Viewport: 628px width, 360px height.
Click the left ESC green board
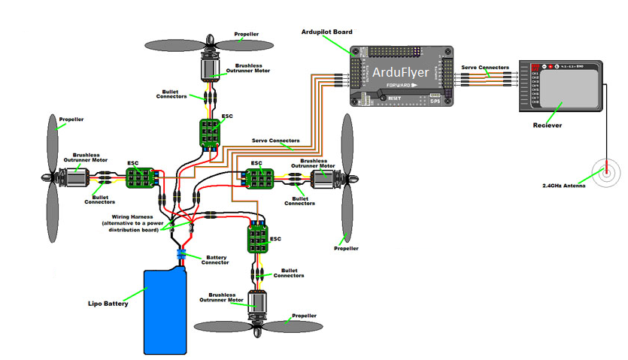click(x=140, y=179)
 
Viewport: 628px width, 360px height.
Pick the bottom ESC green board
click(x=259, y=239)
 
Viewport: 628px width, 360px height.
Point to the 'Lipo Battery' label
click(x=108, y=304)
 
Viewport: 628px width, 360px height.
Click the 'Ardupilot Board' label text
click(x=327, y=32)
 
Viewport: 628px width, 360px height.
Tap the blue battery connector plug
click(x=181, y=256)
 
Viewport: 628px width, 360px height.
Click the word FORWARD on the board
click(x=399, y=86)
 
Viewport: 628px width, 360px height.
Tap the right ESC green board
click(x=256, y=179)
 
